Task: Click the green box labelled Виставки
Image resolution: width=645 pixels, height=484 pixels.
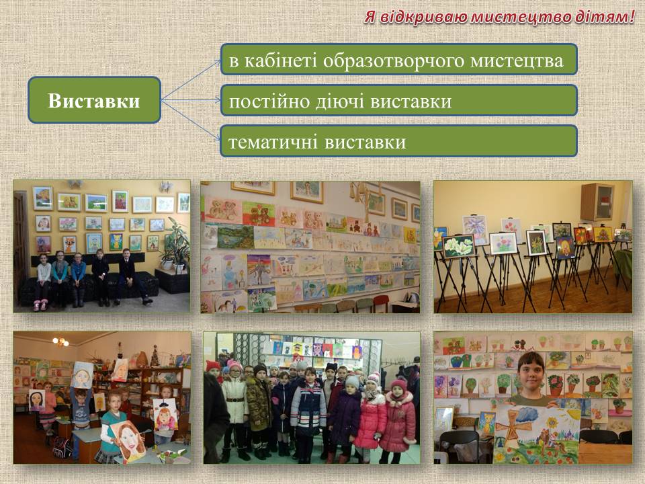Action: coord(94,100)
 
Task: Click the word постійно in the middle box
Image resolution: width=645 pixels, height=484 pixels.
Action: coord(269,102)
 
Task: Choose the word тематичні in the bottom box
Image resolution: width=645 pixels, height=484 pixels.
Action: coord(273,142)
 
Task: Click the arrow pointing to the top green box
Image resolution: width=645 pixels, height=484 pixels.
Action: coord(191,80)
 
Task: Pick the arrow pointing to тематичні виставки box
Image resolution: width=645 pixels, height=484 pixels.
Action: coord(191,120)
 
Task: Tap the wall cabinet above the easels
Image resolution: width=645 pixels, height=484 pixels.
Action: coord(597,202)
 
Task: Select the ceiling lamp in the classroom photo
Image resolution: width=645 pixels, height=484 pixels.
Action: coord(61,341)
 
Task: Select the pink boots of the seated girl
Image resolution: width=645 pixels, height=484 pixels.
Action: coord(41,305)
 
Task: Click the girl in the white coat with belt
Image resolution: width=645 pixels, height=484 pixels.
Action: coord(235,411)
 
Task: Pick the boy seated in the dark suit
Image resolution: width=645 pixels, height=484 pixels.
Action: coord(130,276)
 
